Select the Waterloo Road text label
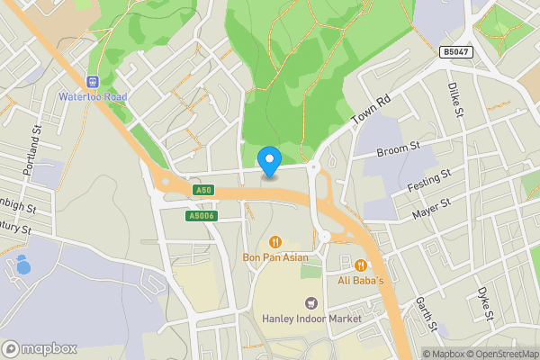click(93, 96)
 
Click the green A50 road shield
click(203, 191)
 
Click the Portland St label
click(37, 145)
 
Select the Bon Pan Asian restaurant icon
click(274, 242)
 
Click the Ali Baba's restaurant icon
click(361, 265)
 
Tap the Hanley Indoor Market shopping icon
click(311, 304)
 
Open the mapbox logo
click(40, 348)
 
